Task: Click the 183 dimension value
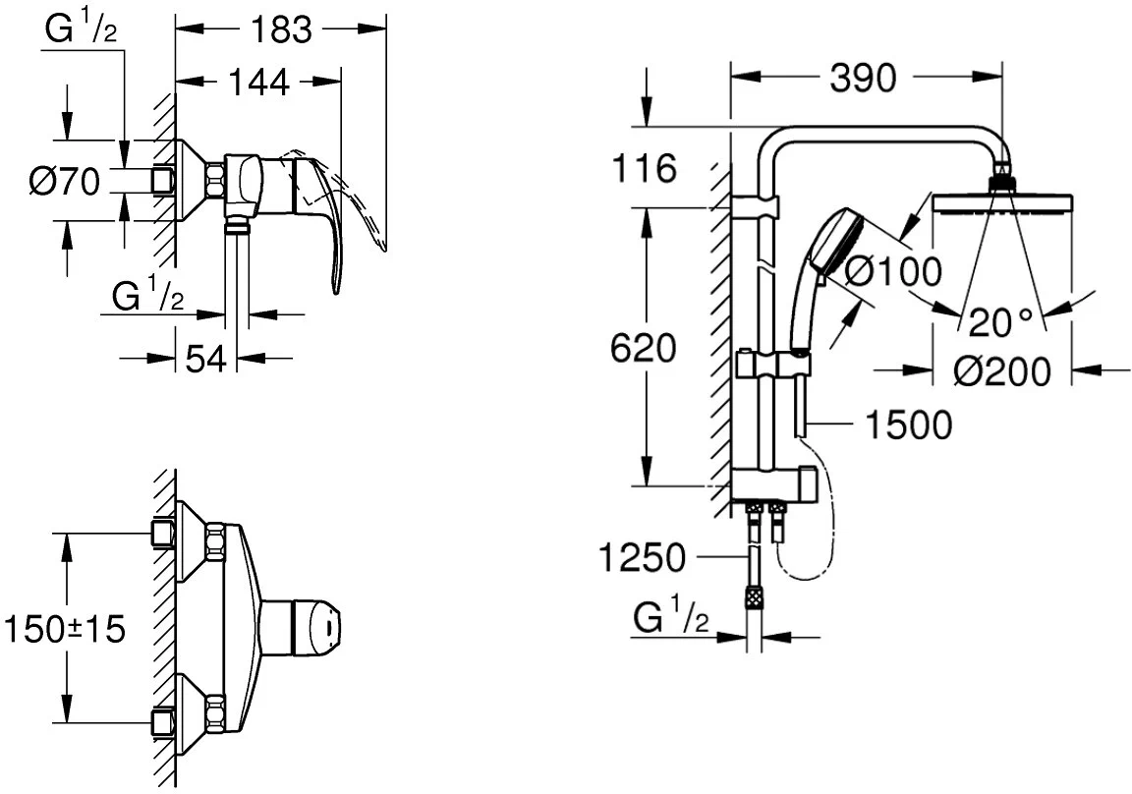pyautogui.click(x=282, y=29)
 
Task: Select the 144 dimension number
pyautogui.click(x=258, y=82)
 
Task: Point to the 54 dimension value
pyautogui.click(x=206, y=358)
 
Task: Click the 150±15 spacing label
pyautogui.click(x=65, y=629)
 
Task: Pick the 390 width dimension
pyautogui.click(x=863, y=78)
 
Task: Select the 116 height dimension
pyautogui.click(x=645, y=169)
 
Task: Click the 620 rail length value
pyautogui.click(x=644, y=349)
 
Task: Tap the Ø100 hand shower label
pyautogui.click(x=893, y=271)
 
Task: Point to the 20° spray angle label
pyautogui.click(x=1000, y=322)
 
